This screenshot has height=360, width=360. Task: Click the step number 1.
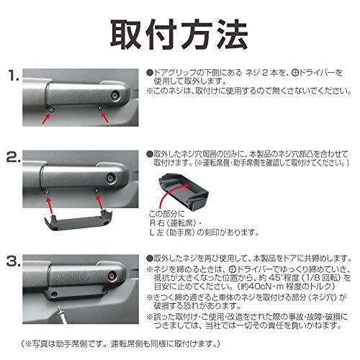[x=14, y=74]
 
